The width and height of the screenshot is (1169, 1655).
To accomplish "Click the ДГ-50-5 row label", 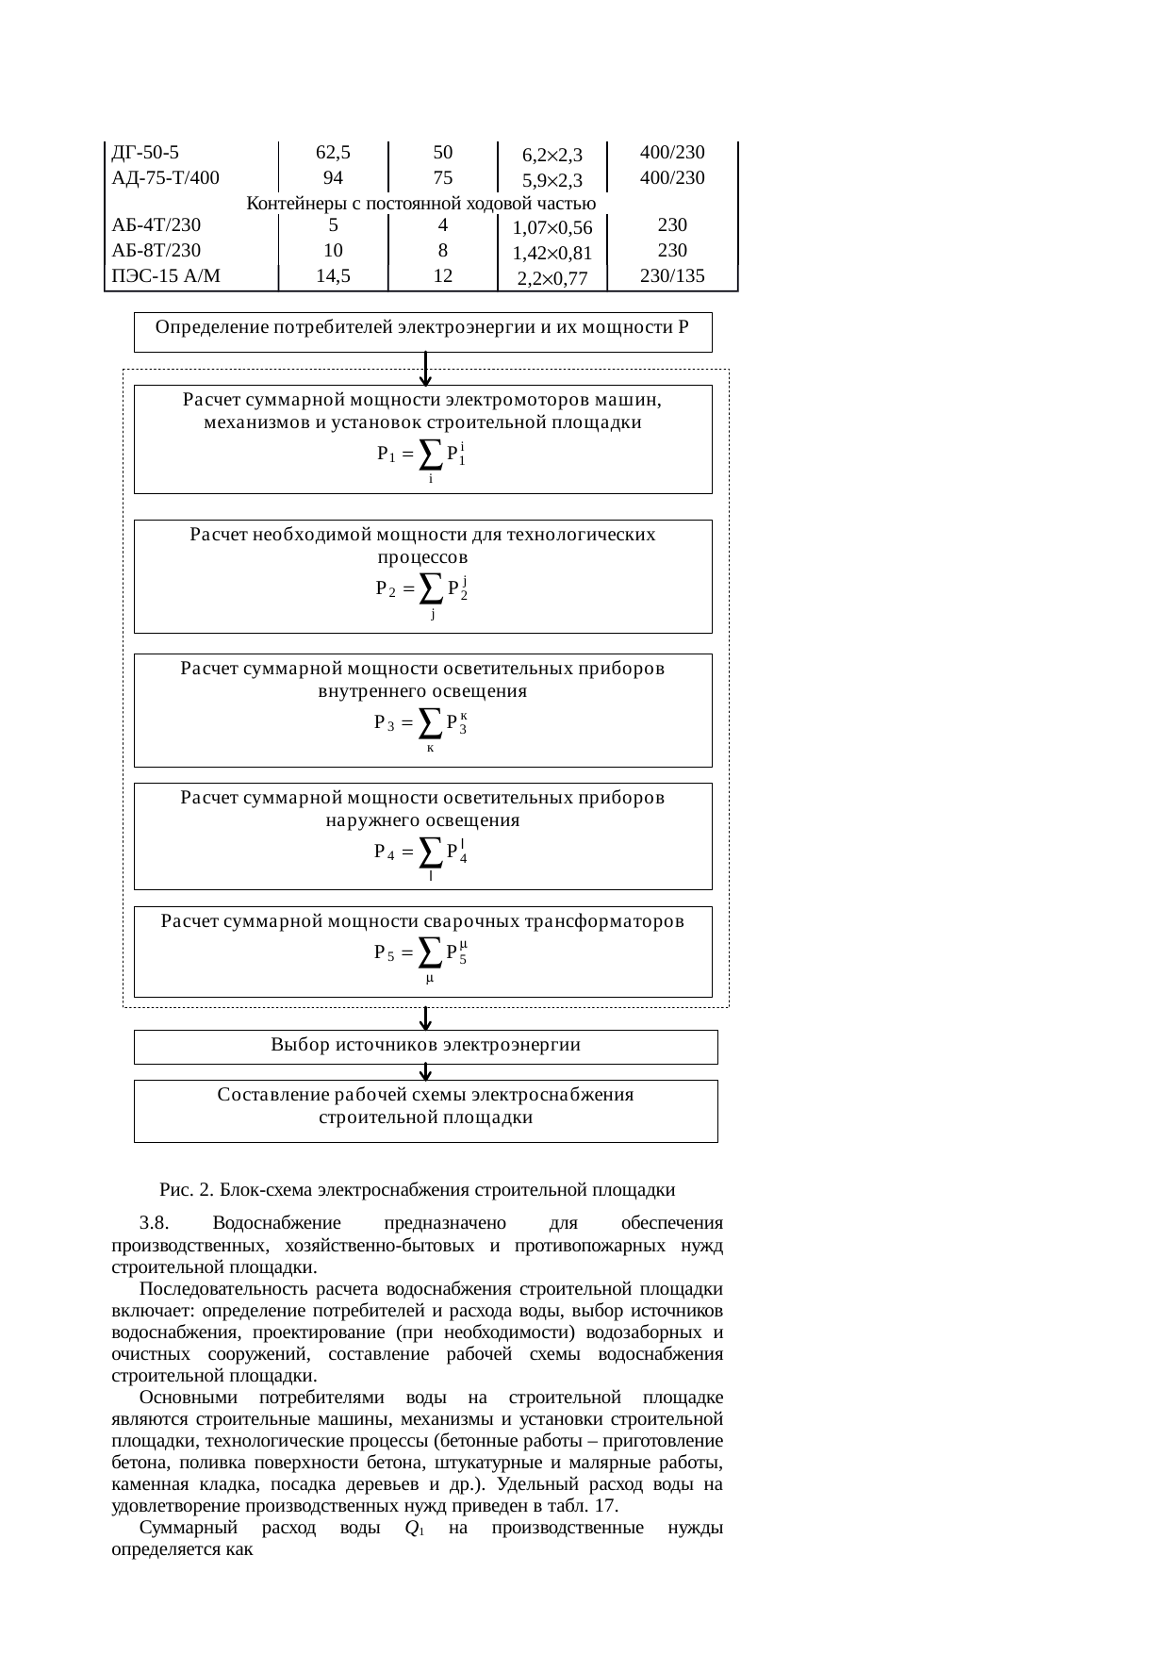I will pyautogui.click(x=143, y=152).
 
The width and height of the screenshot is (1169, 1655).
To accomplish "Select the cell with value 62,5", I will pyautogui.click(x=333, y=152).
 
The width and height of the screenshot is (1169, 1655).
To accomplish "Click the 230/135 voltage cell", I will pyautogui.click(x=672, y=276).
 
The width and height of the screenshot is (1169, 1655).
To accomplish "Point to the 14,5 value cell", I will pyautogui.click(x=333, y=276).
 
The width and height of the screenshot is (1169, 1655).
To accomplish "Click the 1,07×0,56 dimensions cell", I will pyautogui.click(x=552, y=227).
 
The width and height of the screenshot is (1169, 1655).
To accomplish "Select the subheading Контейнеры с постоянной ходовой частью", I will pyautogui.click(x=420, y=203).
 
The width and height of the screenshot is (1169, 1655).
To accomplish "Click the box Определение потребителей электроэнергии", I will pyautogui.click(x=422, y=331).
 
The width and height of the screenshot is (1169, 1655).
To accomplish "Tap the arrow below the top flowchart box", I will pyautogui.click(x=426, y=369).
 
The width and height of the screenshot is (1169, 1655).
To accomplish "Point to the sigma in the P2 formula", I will pyautogui.click(x=430, y=589).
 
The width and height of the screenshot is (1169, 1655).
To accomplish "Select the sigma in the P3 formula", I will pyautogui.click(x=429, y=723).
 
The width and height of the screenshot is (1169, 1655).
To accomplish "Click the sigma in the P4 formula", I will pyautogui.click(x=430, y=852).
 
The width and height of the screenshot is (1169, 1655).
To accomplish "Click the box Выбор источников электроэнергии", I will pyautogui.click(x=425, y=1046).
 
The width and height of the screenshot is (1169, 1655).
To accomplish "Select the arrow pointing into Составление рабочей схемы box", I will pyautogui.click(x=426, y=1072).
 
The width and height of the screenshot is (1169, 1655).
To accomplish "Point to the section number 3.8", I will pyautogui.click(x=153, y=1223).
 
